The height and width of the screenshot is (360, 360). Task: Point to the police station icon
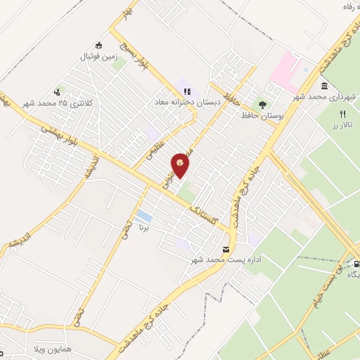56,92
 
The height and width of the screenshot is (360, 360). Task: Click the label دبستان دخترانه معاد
188,102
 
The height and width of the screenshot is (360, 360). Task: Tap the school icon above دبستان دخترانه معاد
187,91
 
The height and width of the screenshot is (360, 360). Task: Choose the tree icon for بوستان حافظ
262,105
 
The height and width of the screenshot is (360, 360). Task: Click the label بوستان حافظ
260,115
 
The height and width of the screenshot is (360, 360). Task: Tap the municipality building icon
333,85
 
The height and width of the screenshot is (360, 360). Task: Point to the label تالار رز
342,124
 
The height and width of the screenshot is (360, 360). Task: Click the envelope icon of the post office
225,249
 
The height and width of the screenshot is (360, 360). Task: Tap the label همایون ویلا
27,349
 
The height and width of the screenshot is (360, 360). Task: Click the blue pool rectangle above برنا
144,215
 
